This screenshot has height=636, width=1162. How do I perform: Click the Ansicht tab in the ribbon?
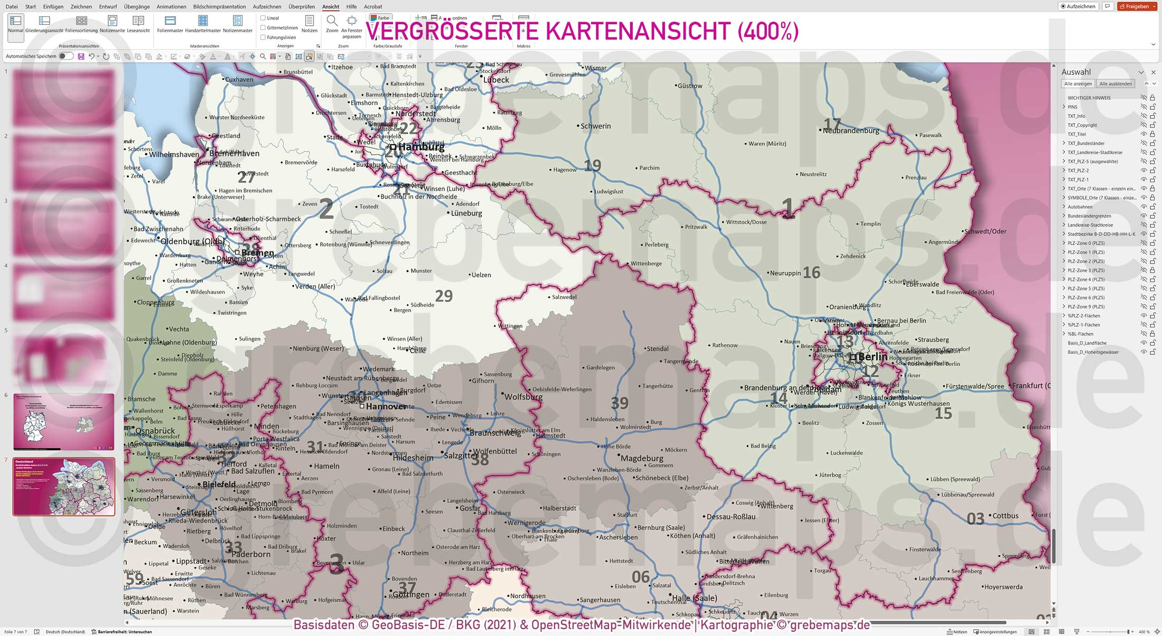(331, 7)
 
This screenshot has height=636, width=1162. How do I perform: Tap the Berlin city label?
(873, 357)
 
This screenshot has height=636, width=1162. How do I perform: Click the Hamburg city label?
(421, 147)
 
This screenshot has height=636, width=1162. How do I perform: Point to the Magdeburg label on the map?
(642, 458)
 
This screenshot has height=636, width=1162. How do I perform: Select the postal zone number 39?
(620, 404)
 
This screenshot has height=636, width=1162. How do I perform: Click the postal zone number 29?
(444, 296)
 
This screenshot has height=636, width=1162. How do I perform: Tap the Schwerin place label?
(595, 126)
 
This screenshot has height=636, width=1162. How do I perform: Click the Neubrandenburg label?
(851, 130)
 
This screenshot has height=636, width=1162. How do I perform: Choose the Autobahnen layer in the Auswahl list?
(1080, 207)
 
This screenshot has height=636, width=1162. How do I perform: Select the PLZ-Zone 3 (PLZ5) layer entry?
(1086, 270)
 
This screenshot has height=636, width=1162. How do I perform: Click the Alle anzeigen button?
(1077, 84)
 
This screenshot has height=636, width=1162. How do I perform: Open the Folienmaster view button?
(170, 24)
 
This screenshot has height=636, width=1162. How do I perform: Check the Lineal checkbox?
(263, 18)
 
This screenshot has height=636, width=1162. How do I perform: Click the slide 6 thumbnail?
(63, 422)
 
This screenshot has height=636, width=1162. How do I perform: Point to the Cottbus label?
(1005, 516)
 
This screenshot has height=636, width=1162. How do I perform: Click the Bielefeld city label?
(219, 484)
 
